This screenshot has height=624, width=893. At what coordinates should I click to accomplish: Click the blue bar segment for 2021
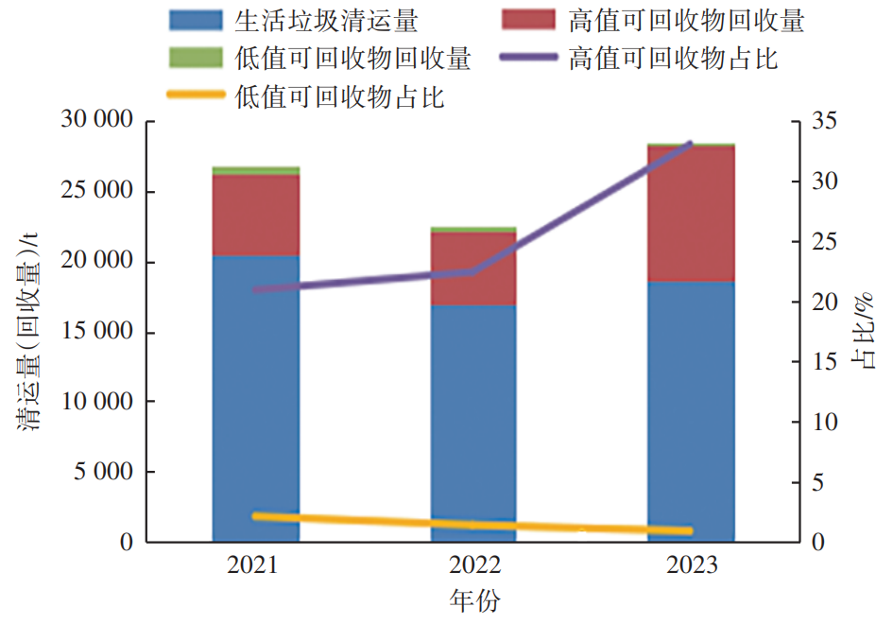(255, 397)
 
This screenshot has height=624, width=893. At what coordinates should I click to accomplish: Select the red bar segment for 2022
(473, 269)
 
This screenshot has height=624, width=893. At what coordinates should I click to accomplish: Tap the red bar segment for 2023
(692, 214)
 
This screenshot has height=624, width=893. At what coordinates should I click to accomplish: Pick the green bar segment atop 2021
(255, 170)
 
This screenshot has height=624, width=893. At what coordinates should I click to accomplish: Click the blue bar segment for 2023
(692, 411)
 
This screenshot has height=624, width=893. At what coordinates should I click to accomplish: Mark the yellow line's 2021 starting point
(255, 515)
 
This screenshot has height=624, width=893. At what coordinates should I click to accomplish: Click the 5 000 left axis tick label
(102, 472)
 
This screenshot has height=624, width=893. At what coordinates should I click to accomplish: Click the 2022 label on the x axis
(473, 565)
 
